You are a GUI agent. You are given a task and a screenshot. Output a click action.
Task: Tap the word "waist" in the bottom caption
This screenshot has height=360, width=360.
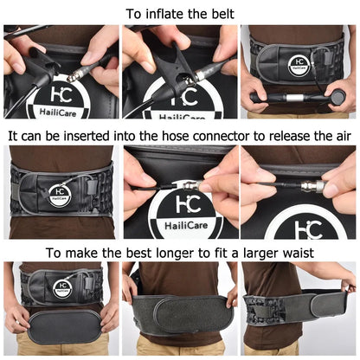293,253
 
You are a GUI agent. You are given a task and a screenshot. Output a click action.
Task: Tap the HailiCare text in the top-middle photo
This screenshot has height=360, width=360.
178,112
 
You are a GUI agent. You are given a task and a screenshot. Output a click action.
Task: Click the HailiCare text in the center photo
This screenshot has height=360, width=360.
178,228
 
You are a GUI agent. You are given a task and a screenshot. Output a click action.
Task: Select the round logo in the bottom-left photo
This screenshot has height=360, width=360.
61,288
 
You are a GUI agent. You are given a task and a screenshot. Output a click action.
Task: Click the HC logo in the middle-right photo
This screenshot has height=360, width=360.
302,227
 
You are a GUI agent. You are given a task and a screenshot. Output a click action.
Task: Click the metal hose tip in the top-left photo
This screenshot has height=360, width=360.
74,74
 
